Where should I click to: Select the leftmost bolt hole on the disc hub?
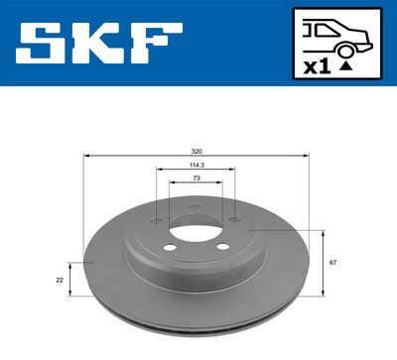pos(157,223)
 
